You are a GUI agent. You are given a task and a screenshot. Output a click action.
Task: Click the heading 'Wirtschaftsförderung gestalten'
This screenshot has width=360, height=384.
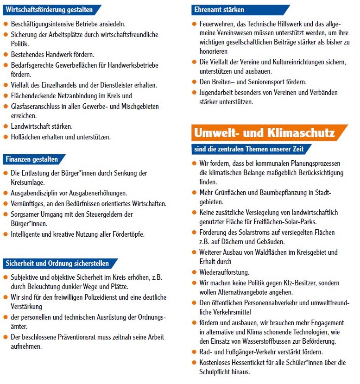[x=50, y=9]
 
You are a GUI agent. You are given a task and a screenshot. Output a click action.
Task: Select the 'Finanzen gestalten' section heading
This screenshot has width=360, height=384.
[x=32, y=159]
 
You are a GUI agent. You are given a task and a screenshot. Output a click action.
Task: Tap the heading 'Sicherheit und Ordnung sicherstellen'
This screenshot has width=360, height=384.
[x=58, y=264]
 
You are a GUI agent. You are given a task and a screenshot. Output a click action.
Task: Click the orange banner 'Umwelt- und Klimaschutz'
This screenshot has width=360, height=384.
[x=265, y=133]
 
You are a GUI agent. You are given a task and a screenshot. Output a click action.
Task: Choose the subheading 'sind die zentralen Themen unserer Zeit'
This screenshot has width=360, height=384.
[x=249, y=149]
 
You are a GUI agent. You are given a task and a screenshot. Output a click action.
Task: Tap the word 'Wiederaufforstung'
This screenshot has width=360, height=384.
[x=224, y=272]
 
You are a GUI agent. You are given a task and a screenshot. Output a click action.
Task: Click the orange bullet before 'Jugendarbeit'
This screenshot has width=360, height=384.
[x=194, y=92]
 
